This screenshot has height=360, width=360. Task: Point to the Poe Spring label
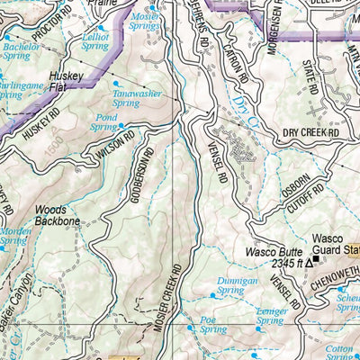tap(209, 323)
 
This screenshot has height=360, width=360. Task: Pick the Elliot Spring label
tap(95, 40)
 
